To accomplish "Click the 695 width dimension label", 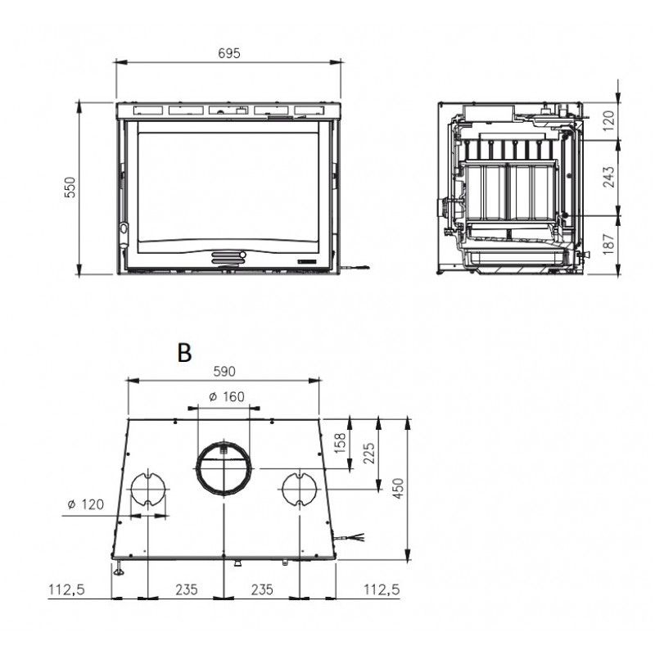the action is pyautogui.click(x=229, y=53).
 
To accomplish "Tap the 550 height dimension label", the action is pyautogui.click(x=70, y=187).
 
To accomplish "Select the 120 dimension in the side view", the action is pyautogui.click(x=609, y=120).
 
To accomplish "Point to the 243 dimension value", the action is pyautogui.click(x=609, y=177).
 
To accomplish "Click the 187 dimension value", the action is pyautogui.click(x=609, y=244).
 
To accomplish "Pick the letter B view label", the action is pyautogui.click(x=184, y=353).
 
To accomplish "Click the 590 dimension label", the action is pyautogui.click(x=224, y=371).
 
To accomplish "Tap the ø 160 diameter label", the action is pyautogui.click(x=227, y=396).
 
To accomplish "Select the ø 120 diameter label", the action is pyautogui.click(x=86, y=504).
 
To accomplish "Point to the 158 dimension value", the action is pyautogui.click(x=341, y=443).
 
